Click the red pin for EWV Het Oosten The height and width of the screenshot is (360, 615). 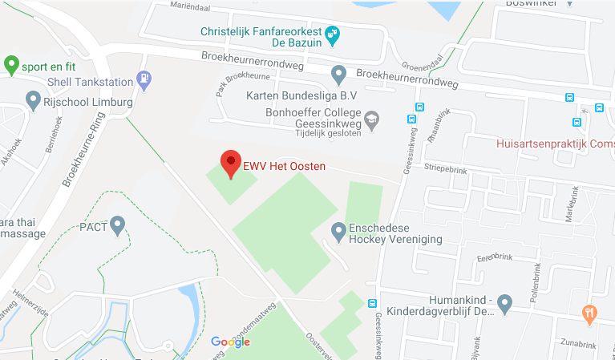pos(231,163)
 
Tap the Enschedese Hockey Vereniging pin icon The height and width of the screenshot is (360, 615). pos(338,231)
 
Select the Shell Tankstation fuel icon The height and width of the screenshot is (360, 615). pos(144,79)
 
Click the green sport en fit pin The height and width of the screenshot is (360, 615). pos(11,63)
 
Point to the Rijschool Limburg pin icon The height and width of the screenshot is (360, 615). pos(33,100)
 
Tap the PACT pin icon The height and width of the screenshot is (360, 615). pos(118,224)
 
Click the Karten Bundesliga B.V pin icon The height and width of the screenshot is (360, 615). pos(338,74)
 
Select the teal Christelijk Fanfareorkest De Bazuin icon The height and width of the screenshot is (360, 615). pos(332,34)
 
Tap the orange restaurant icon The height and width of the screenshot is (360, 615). pos(589,313)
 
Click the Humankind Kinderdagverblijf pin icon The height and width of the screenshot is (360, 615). pos(504,303)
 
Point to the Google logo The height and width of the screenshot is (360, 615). pos(230,342)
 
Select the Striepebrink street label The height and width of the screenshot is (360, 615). pos(447,170)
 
